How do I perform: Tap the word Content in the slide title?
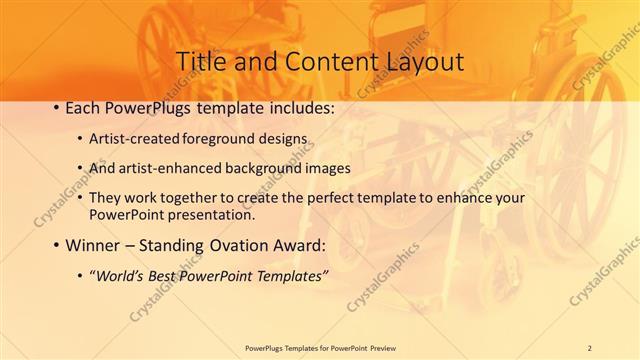pyautogui.click(x=323, y=61)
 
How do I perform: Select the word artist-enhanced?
pyautogui.click(x=165, y=167)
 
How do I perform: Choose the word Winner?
pyautogui.click(x=89, y=245)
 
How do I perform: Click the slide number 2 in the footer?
pyautogui.click(x=589, y=347)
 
